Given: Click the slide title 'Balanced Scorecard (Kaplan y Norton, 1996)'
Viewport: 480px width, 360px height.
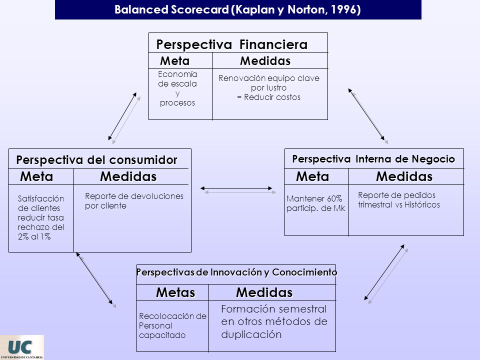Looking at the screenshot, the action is pos(237,9).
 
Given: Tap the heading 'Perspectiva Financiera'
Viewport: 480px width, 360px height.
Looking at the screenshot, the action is pos(231,44).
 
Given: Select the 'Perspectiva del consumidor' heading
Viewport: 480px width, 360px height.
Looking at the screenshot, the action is pos(96,160).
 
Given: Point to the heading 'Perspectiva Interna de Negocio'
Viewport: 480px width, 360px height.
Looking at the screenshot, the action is pos(373,159).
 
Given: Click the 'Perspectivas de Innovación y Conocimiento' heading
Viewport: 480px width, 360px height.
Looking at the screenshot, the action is pos(236,272).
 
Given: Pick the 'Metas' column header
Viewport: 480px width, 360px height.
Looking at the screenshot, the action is pos(175,292).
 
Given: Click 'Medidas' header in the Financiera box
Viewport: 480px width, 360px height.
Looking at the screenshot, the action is pos(265,61).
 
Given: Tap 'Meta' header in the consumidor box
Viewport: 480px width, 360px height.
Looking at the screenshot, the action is pos(36,176).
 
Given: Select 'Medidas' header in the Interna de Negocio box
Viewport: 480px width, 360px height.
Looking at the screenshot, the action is pos(404,176).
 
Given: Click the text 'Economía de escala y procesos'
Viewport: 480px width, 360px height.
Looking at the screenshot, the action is pos(177,88).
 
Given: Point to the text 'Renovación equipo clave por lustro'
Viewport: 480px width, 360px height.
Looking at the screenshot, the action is pos(269,82).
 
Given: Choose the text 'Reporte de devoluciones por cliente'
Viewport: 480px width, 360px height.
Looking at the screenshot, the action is pos(134,201).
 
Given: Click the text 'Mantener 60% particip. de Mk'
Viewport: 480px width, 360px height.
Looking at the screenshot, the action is pos(315,203).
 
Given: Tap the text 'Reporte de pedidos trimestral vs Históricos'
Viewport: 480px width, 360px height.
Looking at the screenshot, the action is pos(399,200).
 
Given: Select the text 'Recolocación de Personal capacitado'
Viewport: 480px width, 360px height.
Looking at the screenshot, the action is pos(172,325).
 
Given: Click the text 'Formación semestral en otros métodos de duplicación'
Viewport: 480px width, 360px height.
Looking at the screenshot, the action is pos(274,321).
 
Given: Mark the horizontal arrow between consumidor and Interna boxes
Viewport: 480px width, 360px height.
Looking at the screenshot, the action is pos(238,190).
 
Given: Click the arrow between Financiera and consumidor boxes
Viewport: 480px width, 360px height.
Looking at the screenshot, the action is pos(124,118).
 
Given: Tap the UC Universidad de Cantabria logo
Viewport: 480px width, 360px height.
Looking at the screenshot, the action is pos(22,347).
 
